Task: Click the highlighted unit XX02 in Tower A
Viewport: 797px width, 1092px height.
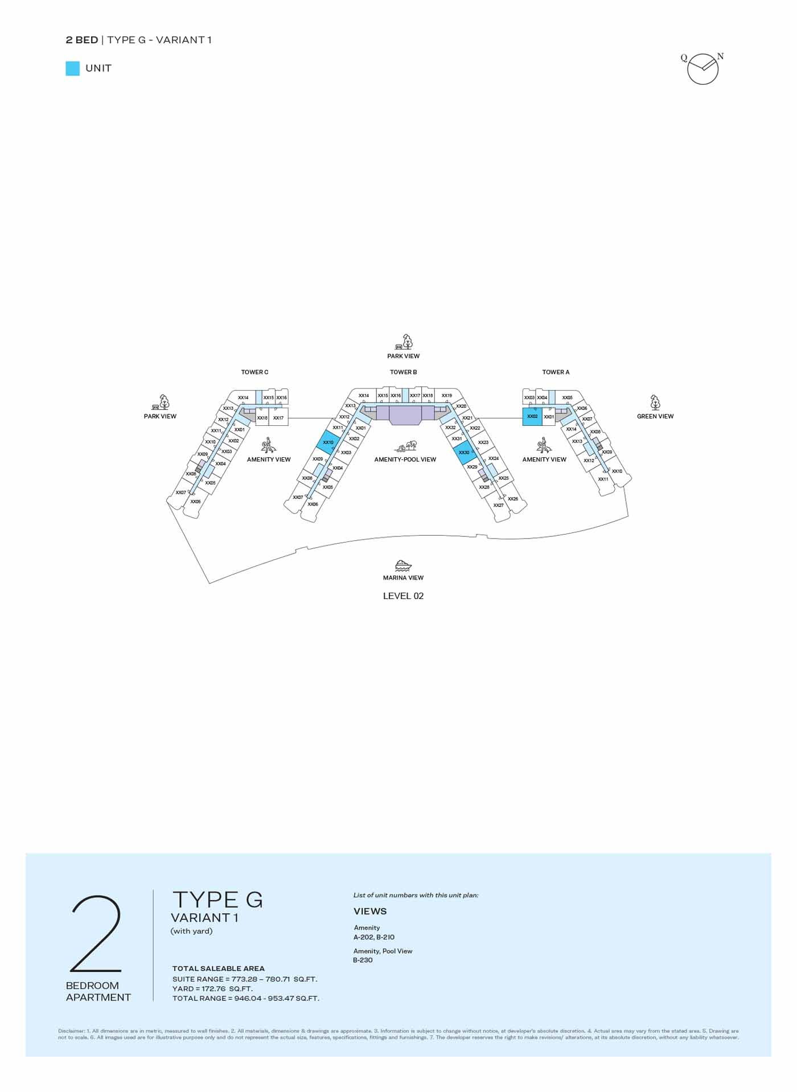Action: pyautogui.click(x=532, y=417)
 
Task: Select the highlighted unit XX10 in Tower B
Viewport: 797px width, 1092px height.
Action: pyautogui.click(x=328, y=442)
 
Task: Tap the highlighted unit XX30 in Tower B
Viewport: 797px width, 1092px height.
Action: pyautogui.click(x=465, y=453)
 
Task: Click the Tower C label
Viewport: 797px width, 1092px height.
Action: pyautogui.click(x=254, y=372)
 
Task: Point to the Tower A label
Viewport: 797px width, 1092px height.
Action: pyautogui.click(x=556, y=372)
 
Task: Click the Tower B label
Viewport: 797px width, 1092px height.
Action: pyautogui.click(x=403, y=372)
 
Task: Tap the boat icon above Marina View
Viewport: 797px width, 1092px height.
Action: pyautogui.click(x=403, y=565)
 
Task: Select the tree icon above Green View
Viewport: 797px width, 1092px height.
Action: pyautogui.click(x=655, y=403)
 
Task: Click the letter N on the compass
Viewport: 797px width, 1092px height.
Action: pyautogui.click(x=720, y=56)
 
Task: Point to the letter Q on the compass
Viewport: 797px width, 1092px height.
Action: pyautogui.click(x=684, y=58)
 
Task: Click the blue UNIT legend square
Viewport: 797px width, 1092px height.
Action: pyautogui.click(x=73, y=69)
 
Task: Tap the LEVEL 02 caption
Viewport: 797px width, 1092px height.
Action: pyautogui.click(x=403, y=596)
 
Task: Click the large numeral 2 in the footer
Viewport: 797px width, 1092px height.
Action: pyautogui.click(x=96, y=934)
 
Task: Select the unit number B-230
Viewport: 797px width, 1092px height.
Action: pyautogui.click(x=363, y=960)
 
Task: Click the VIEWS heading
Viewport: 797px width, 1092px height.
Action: pyautogui.click(x=370, y=912)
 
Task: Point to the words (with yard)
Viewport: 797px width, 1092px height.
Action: pyautogui.click(x=192, y=931)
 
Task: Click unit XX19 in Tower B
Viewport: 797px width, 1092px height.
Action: pyautogui.click(x=447, y=396)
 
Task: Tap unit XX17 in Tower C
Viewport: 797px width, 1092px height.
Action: pyautogui.click(x=278, y=418)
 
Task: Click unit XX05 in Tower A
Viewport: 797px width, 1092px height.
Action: pyautogui.click(x=568, y=397)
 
